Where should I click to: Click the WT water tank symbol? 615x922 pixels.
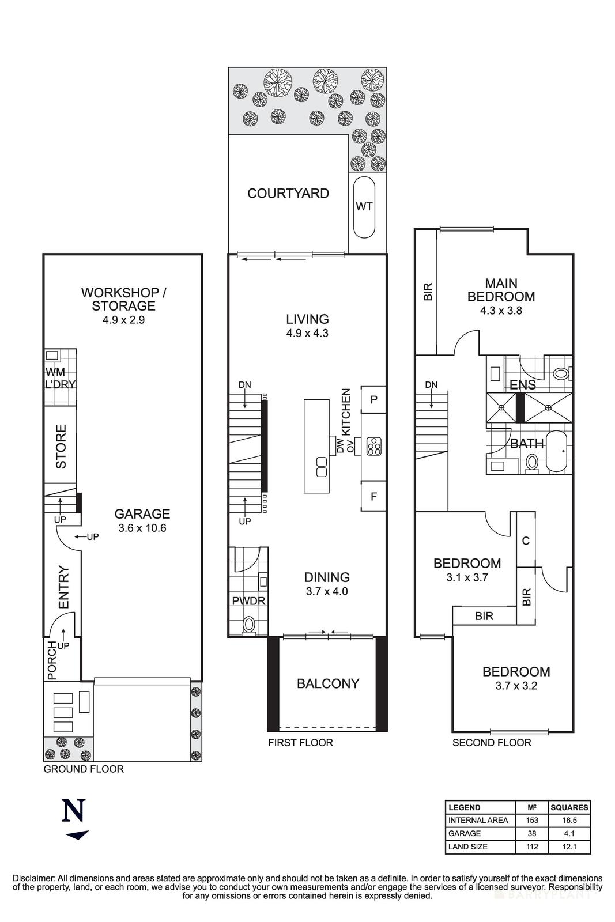364,207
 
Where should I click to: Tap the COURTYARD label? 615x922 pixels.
288,194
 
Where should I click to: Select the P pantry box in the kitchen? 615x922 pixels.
373,399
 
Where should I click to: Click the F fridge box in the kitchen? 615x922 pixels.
373,496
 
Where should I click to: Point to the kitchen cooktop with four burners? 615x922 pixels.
373,446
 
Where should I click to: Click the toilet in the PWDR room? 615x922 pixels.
249,624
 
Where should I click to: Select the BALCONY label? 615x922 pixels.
328,683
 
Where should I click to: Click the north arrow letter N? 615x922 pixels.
74,810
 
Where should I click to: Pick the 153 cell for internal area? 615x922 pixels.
532,820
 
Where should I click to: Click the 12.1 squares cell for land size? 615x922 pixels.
569,847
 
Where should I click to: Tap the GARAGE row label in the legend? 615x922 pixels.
465,833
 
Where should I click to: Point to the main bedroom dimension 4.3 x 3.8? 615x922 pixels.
501,310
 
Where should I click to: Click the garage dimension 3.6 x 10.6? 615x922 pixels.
142,527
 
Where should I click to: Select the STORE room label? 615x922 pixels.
61,447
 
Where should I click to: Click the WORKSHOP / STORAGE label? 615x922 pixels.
123,299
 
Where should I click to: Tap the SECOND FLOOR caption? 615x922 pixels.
492,743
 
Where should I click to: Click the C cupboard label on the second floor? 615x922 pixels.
526,541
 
